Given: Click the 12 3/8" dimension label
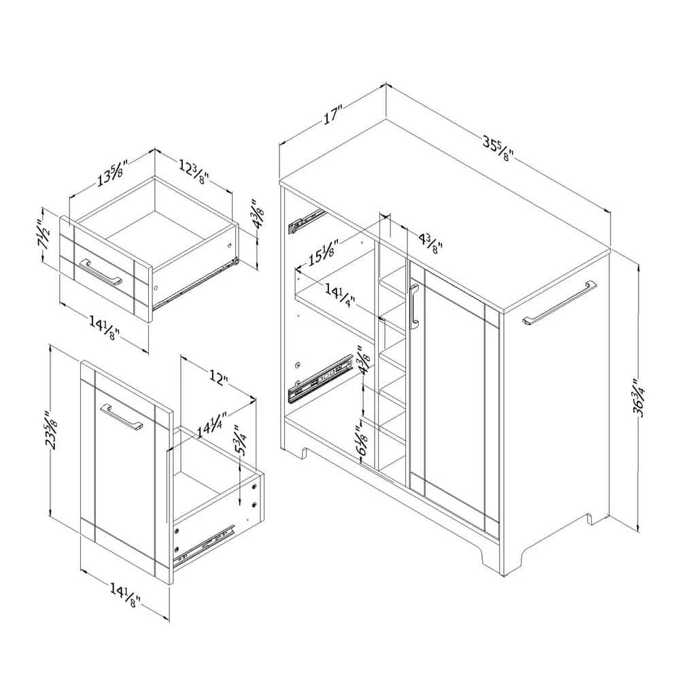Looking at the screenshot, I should click(193, 171).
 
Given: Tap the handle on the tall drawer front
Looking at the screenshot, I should click(122, 416).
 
